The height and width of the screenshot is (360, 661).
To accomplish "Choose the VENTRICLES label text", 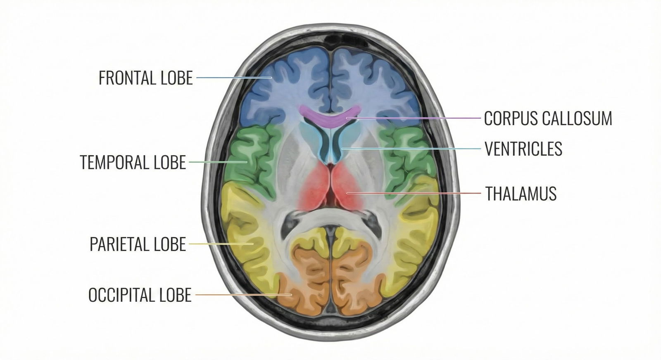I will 523,149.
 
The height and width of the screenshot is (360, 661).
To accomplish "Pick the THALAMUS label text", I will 521,194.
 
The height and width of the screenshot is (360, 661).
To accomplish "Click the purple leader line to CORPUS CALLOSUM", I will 413,118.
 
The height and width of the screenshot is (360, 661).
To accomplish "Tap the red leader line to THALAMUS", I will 413,193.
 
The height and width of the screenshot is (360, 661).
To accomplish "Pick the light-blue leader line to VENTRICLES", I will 413,148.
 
